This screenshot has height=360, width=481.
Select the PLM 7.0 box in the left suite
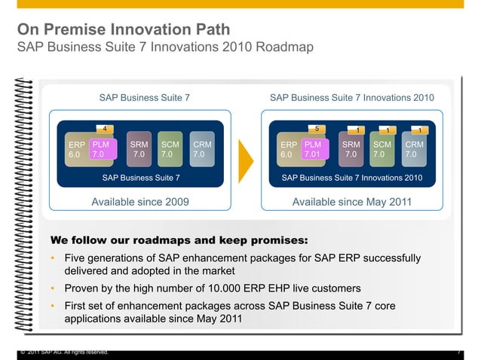click(x=101, y=148)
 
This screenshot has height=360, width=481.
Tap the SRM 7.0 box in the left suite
click(x=139, y=148)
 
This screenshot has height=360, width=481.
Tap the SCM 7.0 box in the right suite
click(x=382, y=148)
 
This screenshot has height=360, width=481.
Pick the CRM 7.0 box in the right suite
click(x=414, y=148)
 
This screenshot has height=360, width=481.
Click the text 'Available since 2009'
click(x=140, y=202)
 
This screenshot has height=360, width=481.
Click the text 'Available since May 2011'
click(x=352, y=202)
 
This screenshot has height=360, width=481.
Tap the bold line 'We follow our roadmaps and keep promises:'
click(x=179, y=241)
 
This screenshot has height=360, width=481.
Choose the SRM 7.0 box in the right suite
click(x=351, y=148)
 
